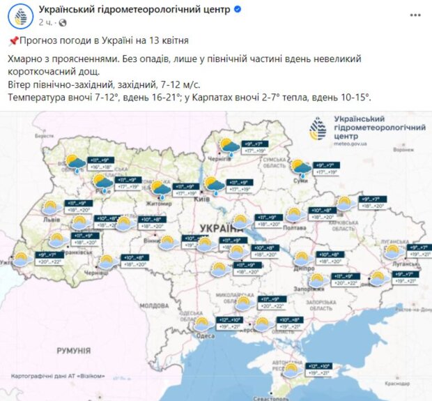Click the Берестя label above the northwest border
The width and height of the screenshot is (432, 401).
[x=43, y=137]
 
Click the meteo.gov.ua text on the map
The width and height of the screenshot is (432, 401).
[x=352, y=144]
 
